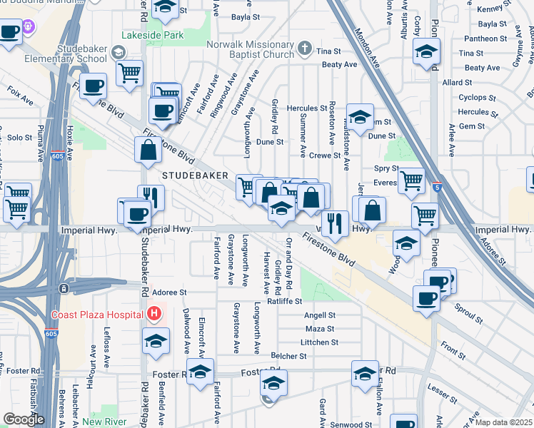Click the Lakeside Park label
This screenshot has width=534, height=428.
click(153, 34)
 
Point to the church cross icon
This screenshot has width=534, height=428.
click(305, 50)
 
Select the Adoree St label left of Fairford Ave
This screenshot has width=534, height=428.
click(169, 292)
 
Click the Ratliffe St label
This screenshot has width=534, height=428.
click(285, 301)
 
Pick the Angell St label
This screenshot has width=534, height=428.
click(319, 315)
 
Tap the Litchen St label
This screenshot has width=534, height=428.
click(319, 342)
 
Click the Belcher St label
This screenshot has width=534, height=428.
click(283, 355)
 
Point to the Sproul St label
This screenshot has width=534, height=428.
click(468, 310)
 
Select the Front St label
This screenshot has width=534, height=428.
click(453, 350)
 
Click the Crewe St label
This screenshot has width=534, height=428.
click(325, 156)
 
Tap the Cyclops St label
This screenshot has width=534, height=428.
click(473, 97)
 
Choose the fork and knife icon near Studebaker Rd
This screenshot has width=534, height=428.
click(150, 197)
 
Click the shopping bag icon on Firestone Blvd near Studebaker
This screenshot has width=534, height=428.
click(148, 150)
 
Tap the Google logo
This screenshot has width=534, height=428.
click(23, 419)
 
